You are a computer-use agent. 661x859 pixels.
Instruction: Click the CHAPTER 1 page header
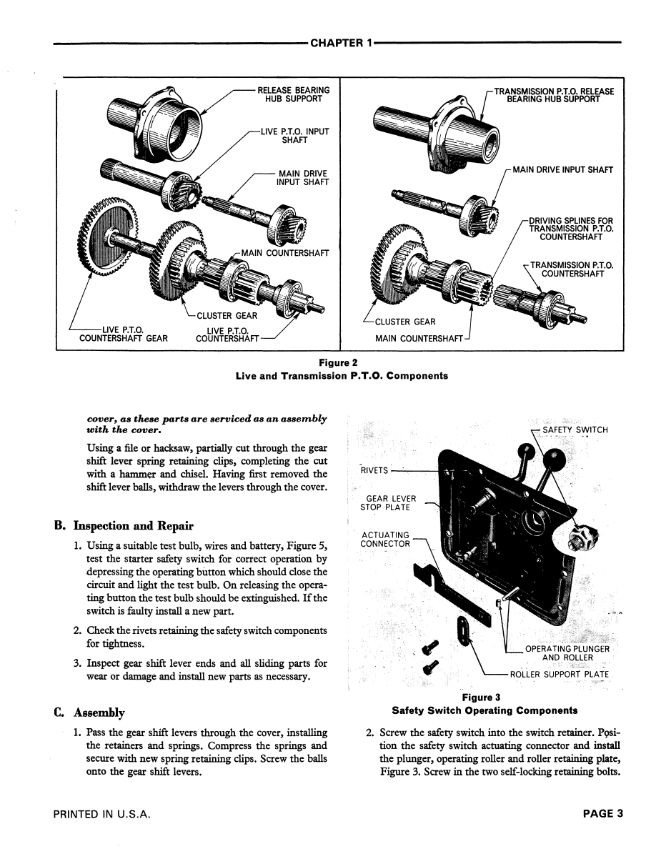pos(342,43)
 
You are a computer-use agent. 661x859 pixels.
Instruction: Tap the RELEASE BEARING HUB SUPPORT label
pos(294,94)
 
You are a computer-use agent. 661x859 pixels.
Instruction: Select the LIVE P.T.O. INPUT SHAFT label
pos(294,136)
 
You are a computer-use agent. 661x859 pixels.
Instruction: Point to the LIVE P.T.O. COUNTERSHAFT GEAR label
pos(124,334)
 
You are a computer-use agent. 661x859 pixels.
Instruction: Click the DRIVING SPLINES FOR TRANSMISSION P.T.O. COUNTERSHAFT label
pos(571,229)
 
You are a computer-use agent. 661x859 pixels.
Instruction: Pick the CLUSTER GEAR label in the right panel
pos(405,322)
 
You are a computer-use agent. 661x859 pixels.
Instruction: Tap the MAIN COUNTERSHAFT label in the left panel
pos(285,253)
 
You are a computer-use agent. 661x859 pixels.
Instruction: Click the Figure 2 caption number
pos(338,362)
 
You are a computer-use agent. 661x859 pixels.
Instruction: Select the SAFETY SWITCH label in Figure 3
pos(575,429)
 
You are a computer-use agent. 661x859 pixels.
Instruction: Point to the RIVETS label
pos(374,470)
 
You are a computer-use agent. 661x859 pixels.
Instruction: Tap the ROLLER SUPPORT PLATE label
pos(560,675)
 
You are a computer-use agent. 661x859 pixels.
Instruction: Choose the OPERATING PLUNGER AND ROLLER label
pos(567,653)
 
